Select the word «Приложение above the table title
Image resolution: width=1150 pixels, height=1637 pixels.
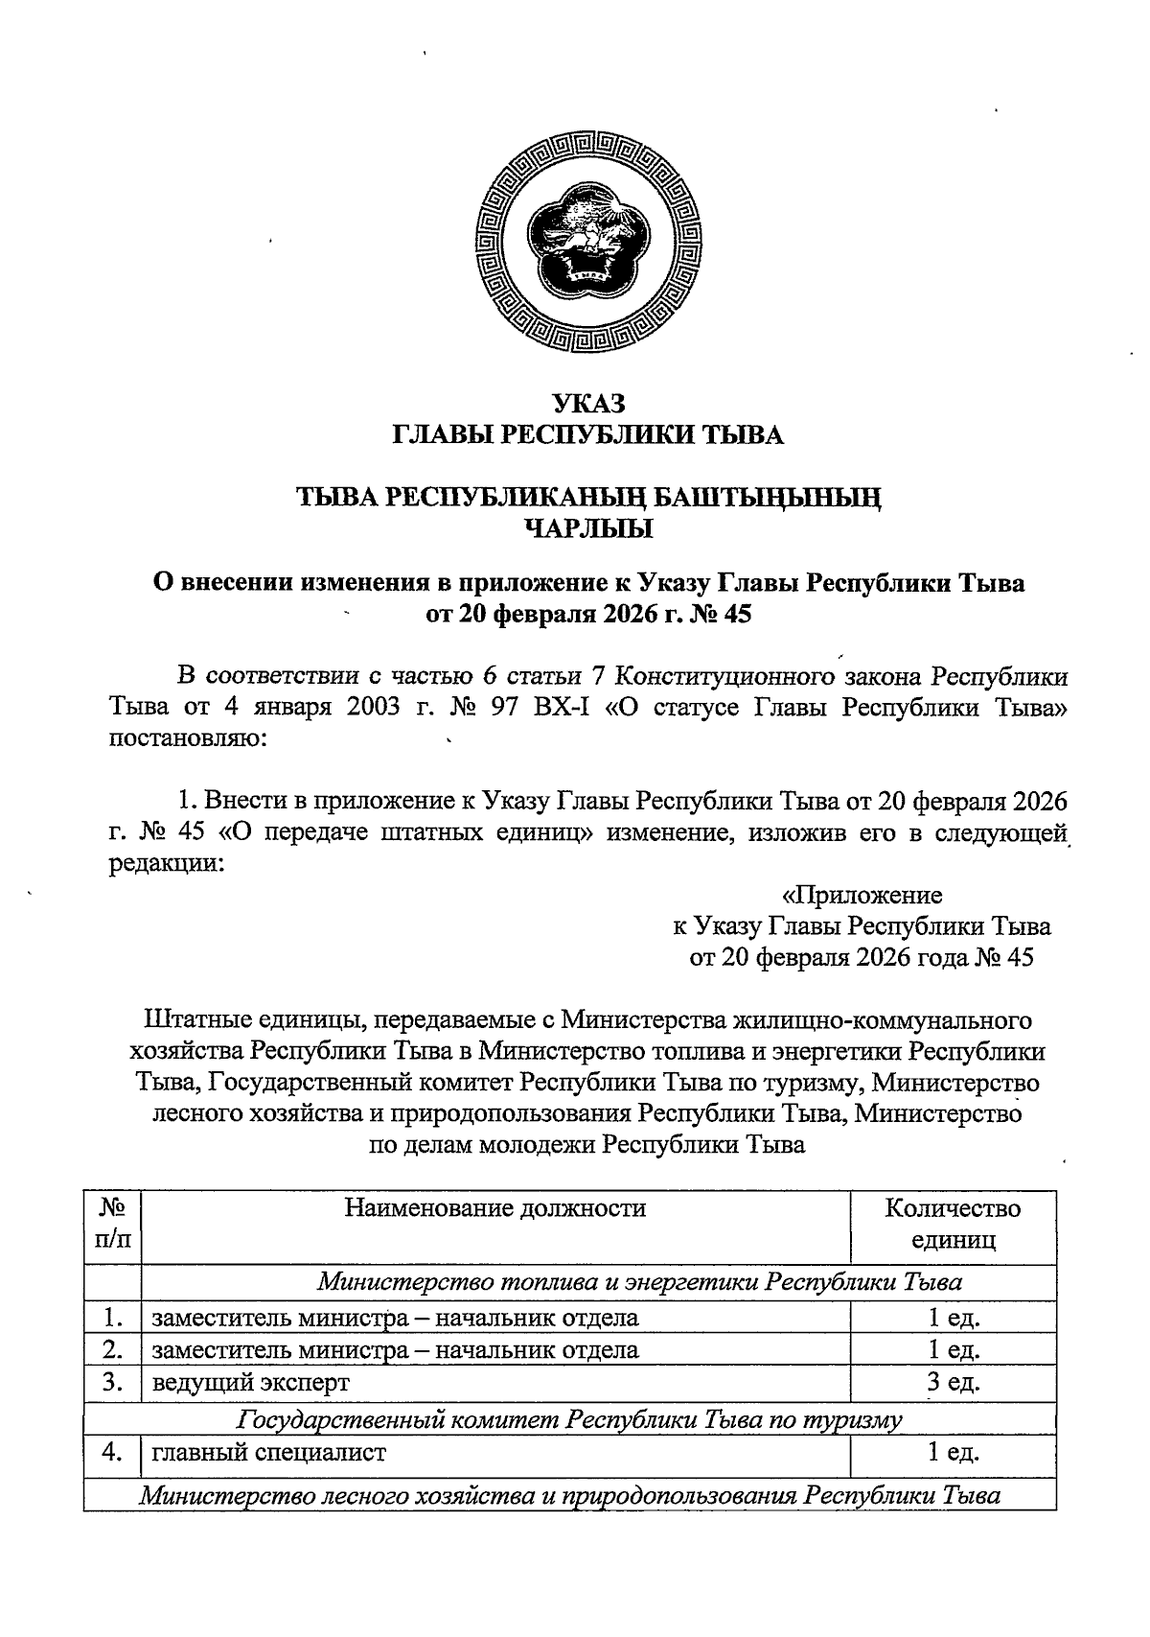[x=862, y=896]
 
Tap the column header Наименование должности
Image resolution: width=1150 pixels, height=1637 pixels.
[x=495, y=1208]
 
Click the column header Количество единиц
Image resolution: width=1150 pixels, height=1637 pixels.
[x=953, y=1224]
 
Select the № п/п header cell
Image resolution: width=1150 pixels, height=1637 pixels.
[x=113, y=1224]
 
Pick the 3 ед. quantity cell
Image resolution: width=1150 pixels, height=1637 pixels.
[x=953, y=1382]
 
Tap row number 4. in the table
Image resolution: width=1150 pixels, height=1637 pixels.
[x=113, y=1452]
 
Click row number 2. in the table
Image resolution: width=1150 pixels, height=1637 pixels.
[x=113, y=1349]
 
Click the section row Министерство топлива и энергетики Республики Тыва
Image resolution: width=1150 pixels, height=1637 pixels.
[x=640, y=1281]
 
